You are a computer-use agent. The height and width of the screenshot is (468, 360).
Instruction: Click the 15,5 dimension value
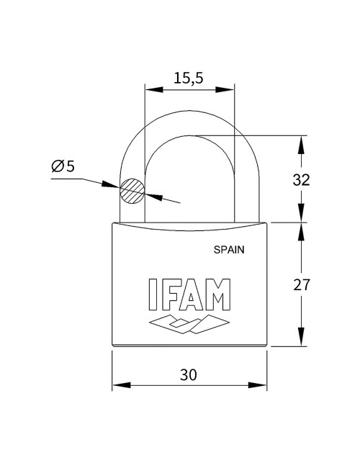point(189,77)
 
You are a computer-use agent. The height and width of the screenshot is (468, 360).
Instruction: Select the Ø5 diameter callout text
point(63,166)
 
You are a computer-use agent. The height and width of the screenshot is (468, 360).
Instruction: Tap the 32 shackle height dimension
point(301,179)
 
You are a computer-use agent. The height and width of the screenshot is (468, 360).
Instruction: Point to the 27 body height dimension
point(302,284)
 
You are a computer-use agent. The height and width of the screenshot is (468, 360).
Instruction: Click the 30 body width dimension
point(189,374)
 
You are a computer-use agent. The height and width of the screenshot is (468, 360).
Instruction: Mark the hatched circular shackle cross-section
point(132,191)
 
